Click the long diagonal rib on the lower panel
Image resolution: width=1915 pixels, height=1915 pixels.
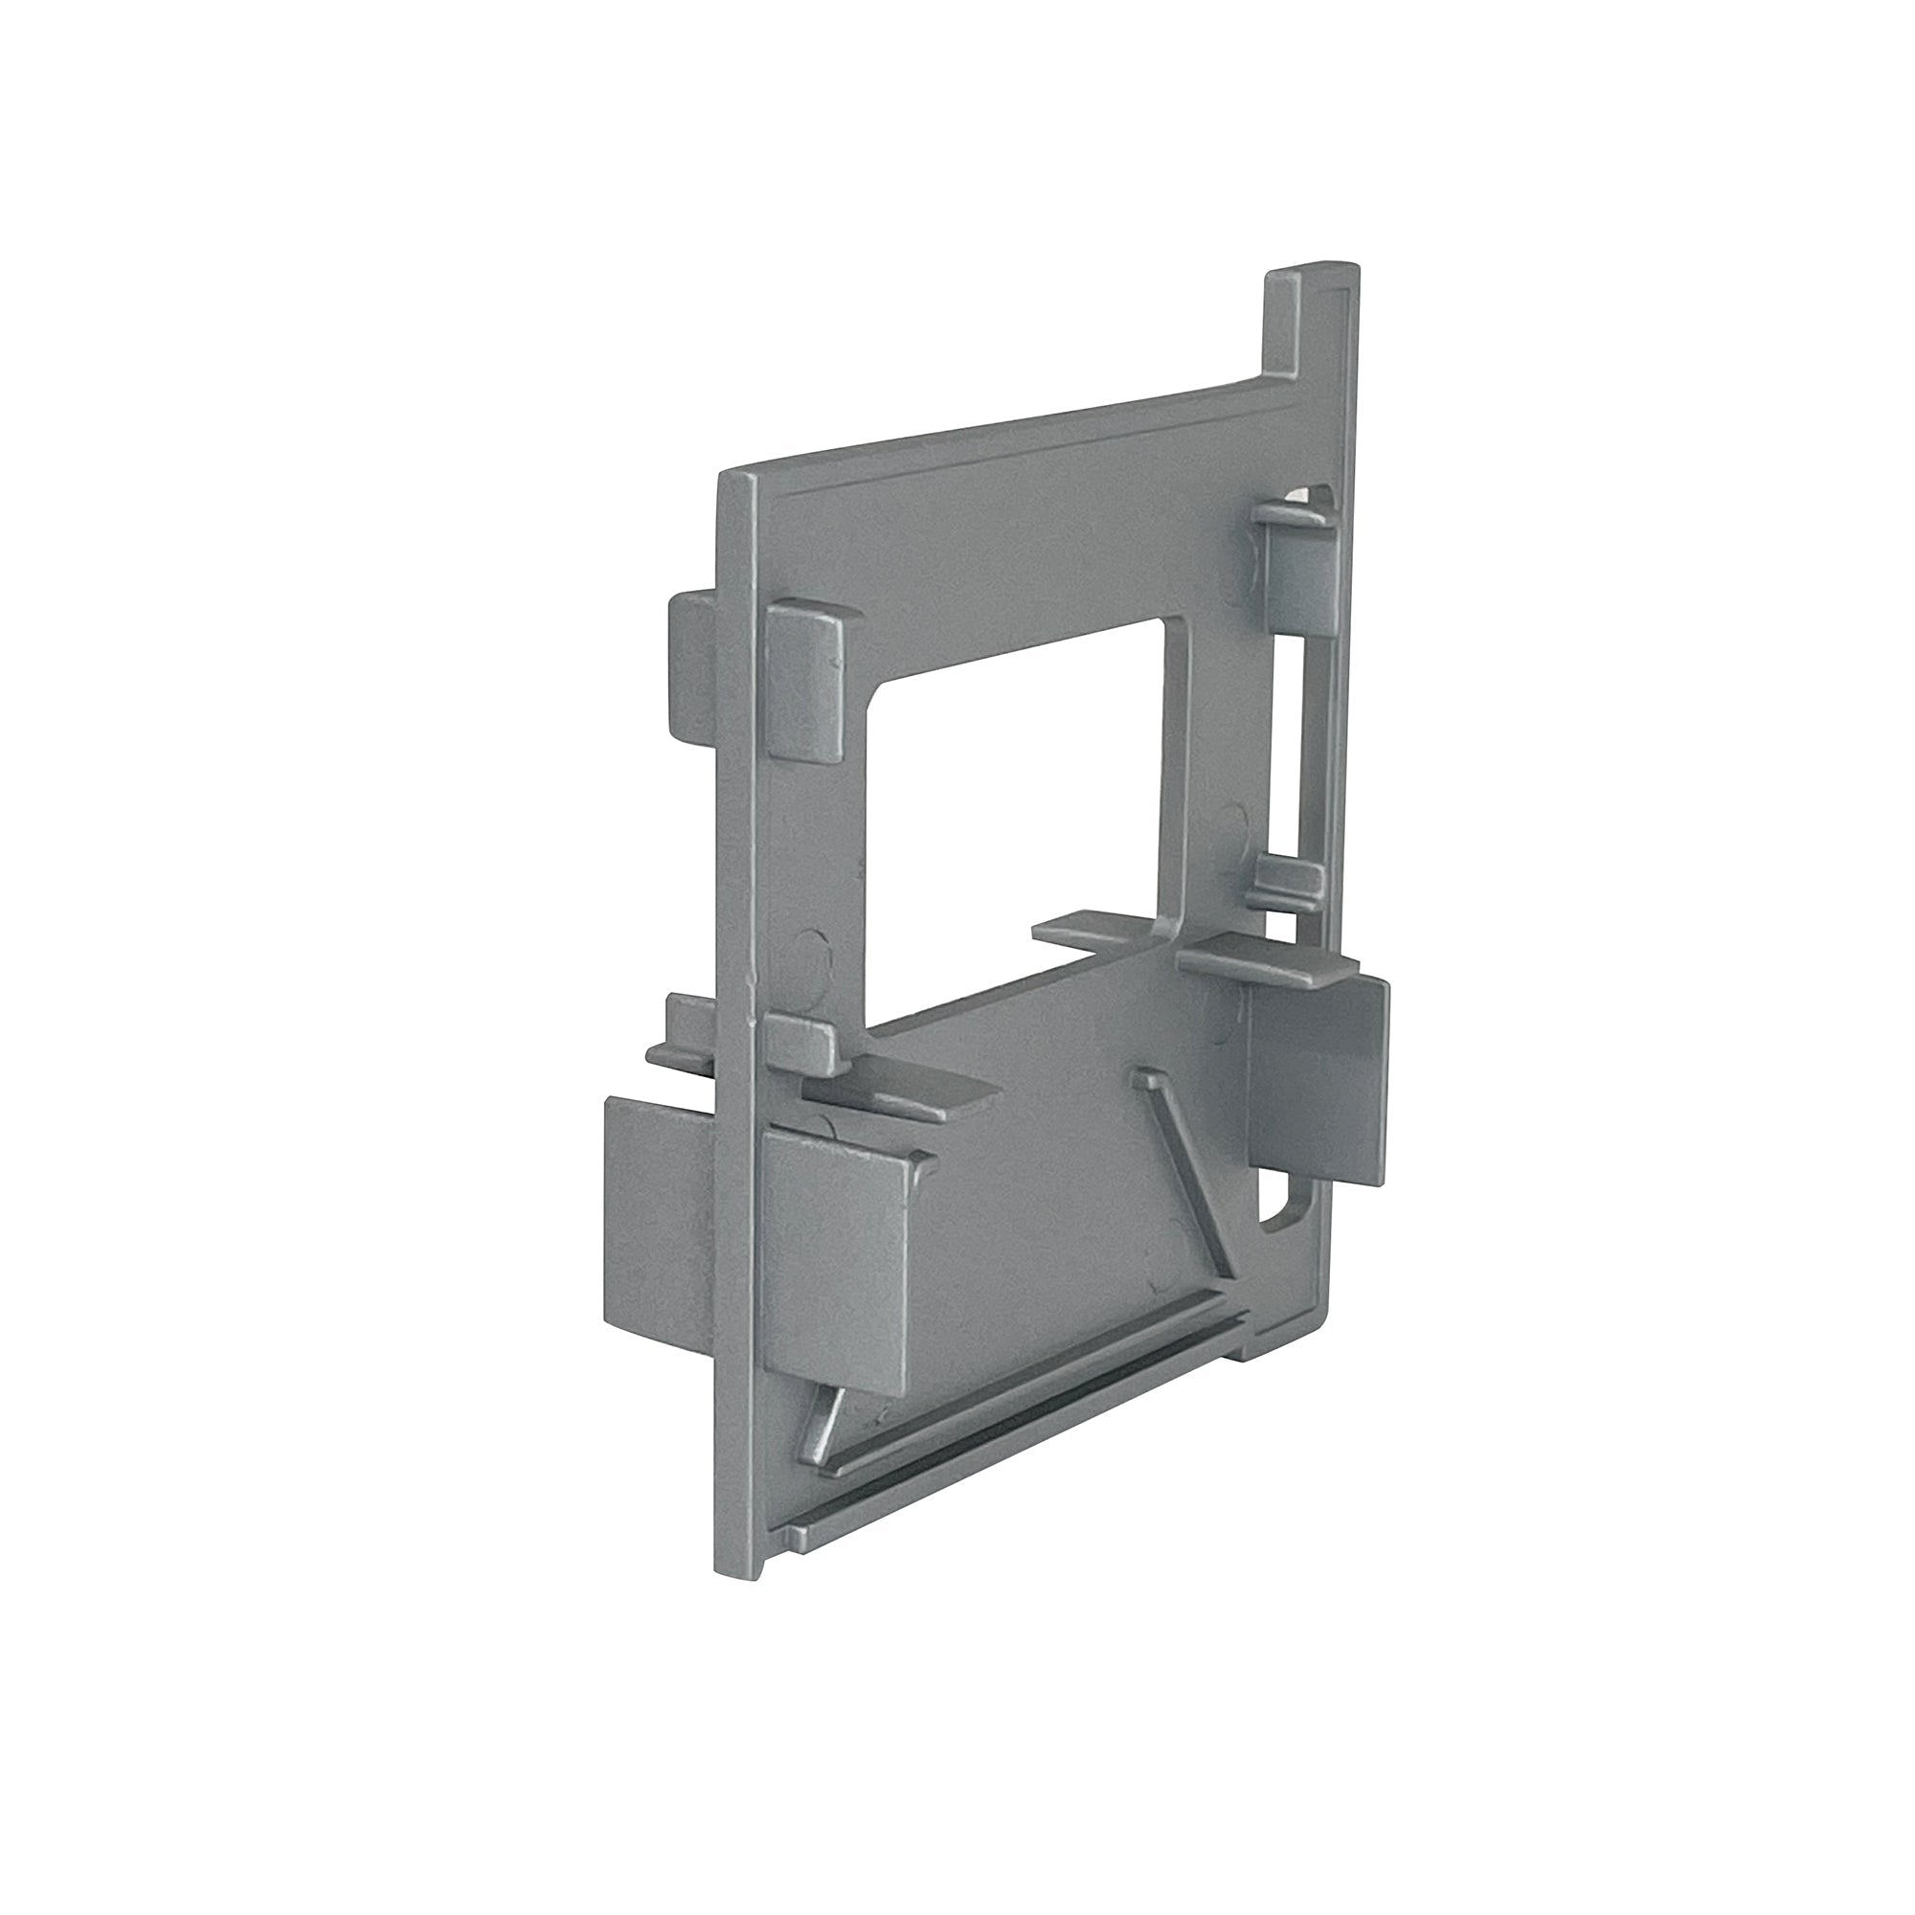(1185, 1170)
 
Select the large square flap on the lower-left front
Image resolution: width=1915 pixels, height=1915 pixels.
(838, 1269)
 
